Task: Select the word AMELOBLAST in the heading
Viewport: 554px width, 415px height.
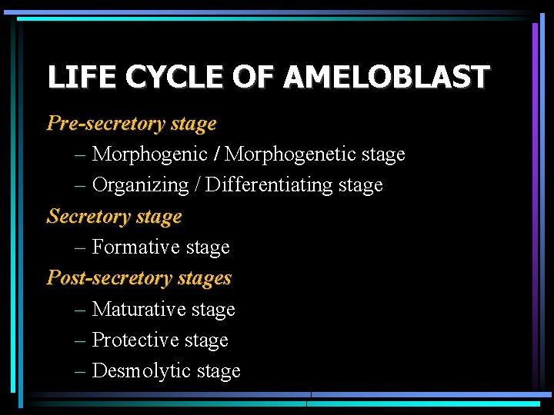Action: point(386,78)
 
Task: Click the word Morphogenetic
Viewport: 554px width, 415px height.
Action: point(289,154)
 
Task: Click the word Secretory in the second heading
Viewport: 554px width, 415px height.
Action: point(88,217)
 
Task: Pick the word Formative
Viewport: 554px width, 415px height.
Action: point(132,247)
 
